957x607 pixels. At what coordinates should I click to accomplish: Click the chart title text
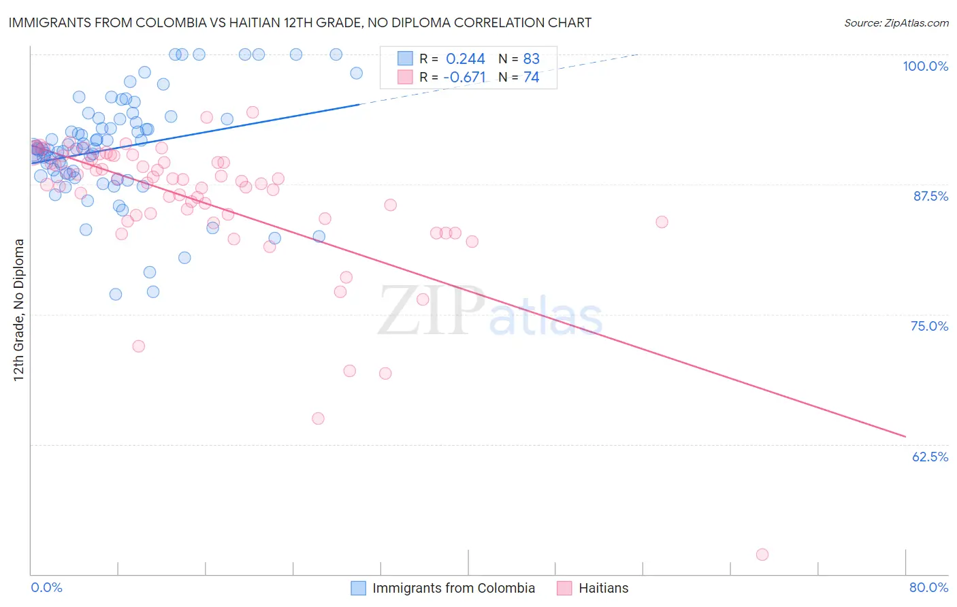point(299,22)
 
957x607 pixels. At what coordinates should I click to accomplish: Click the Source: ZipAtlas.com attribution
point(896,22)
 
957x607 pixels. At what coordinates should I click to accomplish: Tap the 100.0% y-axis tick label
point(925,66)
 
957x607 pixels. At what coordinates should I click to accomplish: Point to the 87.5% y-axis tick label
point(930,196)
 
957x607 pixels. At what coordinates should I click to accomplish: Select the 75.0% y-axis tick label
point(929,326)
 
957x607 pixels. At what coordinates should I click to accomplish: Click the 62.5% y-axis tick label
point(930,457)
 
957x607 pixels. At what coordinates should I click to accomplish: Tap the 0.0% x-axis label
point(46,587)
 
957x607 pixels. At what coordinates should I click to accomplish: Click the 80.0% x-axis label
point(928,587)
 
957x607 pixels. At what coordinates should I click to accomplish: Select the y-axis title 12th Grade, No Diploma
point(19,310)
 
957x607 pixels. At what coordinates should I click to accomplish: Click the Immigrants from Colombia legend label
point(453,588)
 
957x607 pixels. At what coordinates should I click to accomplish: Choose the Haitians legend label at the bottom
point(603,588)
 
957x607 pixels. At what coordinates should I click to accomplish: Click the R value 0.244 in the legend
point(466,59)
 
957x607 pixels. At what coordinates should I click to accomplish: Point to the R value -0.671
point(464,78)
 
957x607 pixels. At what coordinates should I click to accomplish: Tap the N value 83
point(531,59)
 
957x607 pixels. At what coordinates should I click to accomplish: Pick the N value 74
point(531,78)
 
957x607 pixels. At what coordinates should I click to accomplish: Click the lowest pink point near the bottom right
point(762,555)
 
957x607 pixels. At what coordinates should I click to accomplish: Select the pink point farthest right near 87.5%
point(662,222)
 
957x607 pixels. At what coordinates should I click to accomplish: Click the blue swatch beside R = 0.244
point(405,59)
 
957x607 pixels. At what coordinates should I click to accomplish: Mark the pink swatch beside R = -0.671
point(405,77)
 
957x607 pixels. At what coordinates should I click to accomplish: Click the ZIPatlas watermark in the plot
point(490,312)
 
